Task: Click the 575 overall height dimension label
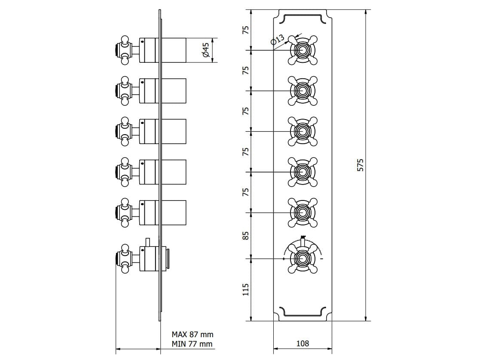click(361, 165)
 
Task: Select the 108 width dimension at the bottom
click(303, 343)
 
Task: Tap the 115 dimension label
click(245, 289)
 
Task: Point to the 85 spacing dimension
click(245, 236)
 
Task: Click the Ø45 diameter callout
click(205, 50)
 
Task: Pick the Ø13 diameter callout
click(278, 40)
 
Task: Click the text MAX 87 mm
click(192, 334)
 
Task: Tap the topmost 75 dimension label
click(245, 30)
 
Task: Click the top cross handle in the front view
click(303, 50)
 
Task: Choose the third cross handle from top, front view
click(303, 131)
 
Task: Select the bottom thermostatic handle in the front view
click(303, 258)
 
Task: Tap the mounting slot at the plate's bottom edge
click(303, 312)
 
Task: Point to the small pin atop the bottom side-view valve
click(147, 242)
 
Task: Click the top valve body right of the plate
click(174, 50)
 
